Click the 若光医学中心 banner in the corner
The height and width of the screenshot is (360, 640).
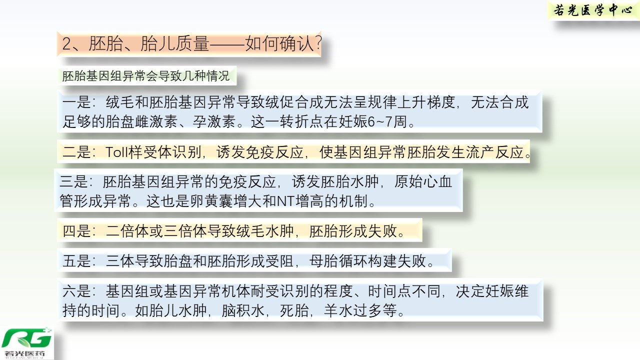pyautogui.click(x=593, y=10)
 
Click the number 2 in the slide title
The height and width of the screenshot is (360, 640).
pyautogui.click(x=66, y=44)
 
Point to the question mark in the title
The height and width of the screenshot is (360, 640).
pyautogui.click(x=318, y=43)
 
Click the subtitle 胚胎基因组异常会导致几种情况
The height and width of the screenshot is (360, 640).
pyautogui.click(x=145, y=76)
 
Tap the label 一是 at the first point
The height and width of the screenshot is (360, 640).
pyautogui.click(x=76, y=102)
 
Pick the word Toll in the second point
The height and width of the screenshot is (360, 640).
pyautogui.click(x=116, y=151)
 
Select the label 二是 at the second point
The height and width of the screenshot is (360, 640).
pyautogui.click(x=76, y=151)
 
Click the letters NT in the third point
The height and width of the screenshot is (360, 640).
pyautogui.click(x=286, y=201)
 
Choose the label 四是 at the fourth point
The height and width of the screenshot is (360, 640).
pyautogui.click(x=76, y=231)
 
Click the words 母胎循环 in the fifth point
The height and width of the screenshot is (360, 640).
pyautogui.click(x=338, y=261)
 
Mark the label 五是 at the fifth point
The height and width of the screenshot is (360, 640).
pyautogui.click(x=76, y=261)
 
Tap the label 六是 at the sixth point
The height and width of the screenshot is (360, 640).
pyautogui.click(x=76, y=291)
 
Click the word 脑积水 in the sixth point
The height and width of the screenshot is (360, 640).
pyautogui.click(x=243, y=310)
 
